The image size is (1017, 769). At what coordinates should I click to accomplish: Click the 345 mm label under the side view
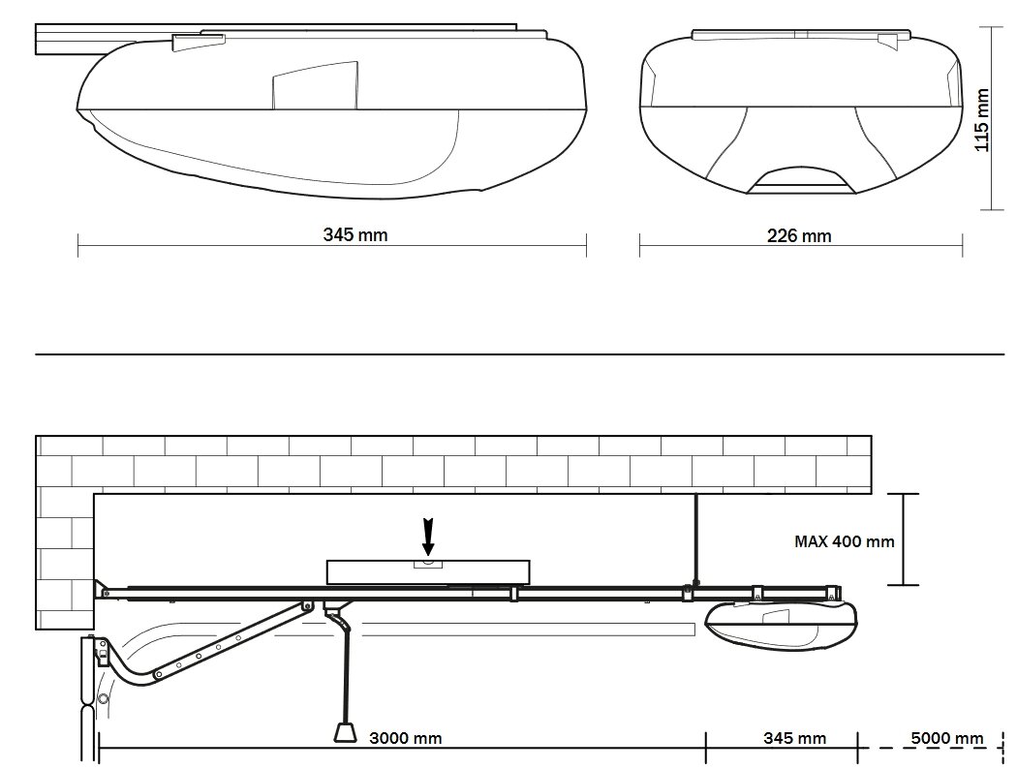pyautogui.click(x=355, y=234)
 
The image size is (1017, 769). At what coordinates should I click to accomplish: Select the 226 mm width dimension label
pyautogui.click(x=799, y=236)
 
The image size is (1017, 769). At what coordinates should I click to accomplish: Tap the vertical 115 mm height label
pyautogui.click(x=983, y=121)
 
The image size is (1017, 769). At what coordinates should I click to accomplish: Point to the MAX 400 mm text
pyautogui.click(x=845, y=541)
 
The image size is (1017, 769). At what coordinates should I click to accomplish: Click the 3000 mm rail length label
pyautogui.click(x=406, y=738)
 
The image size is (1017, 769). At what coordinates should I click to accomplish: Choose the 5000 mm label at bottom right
pyautogui.click(x=947, y=738)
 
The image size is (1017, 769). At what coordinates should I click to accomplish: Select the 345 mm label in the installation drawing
pyautogui.click(x=794, y=738)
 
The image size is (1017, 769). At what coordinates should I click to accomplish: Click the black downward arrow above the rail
pyautogui.click(x=428, y=537)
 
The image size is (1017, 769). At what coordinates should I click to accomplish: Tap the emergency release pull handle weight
pyautogui.click(x=345, y=732)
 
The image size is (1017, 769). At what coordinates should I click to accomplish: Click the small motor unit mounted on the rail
pyautogui.click(x=781, y=625)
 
